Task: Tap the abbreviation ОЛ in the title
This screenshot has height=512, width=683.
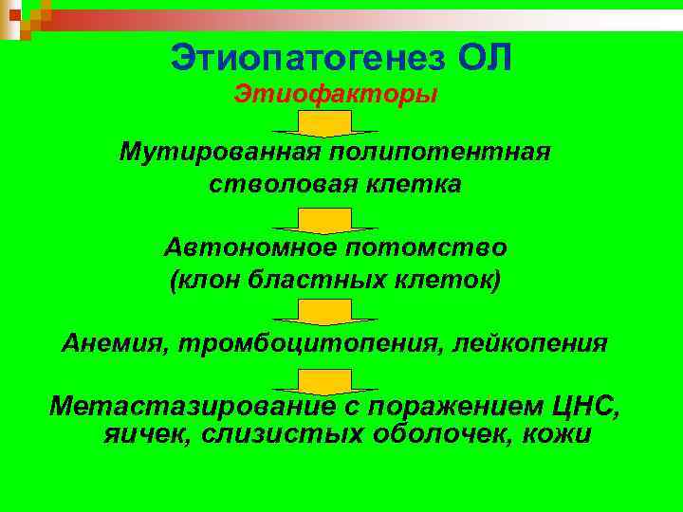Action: point(485,58)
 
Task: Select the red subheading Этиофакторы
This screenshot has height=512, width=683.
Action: point(336,96)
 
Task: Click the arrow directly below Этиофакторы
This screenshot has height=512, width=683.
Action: point(325,123)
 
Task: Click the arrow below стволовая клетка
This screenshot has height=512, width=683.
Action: point(325,221)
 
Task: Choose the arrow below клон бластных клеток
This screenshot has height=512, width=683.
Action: point(325,312)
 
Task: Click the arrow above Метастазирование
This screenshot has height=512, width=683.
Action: point(325,381)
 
